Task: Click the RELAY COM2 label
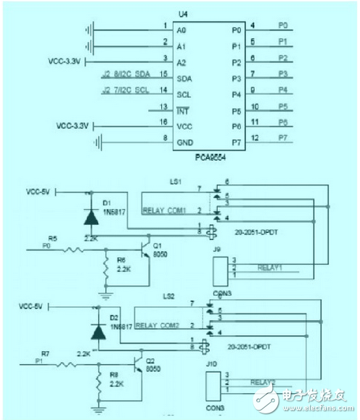pyautogui.click(x=156, y=325)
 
